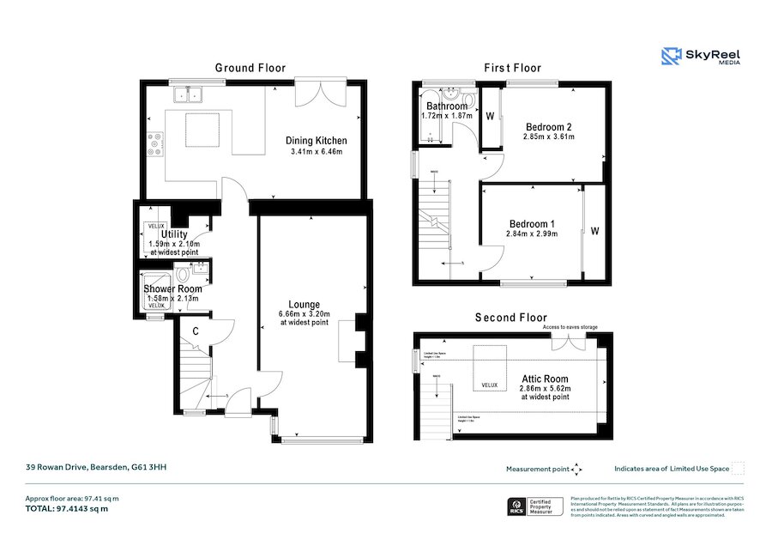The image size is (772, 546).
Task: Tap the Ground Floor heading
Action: (250, 68)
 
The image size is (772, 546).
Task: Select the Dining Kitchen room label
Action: (316, 141)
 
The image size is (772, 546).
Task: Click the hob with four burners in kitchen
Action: (156, 143)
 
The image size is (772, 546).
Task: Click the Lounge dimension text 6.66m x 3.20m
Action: (305, 314)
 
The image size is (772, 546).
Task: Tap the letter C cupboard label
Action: (196, 331)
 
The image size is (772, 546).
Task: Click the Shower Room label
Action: (172, 289)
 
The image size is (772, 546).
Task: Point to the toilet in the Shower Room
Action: (183, 275)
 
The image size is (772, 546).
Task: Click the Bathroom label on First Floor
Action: (447, 106)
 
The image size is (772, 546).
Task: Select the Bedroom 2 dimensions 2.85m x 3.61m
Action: (548, 136)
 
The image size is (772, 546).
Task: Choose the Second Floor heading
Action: (510, 318)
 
